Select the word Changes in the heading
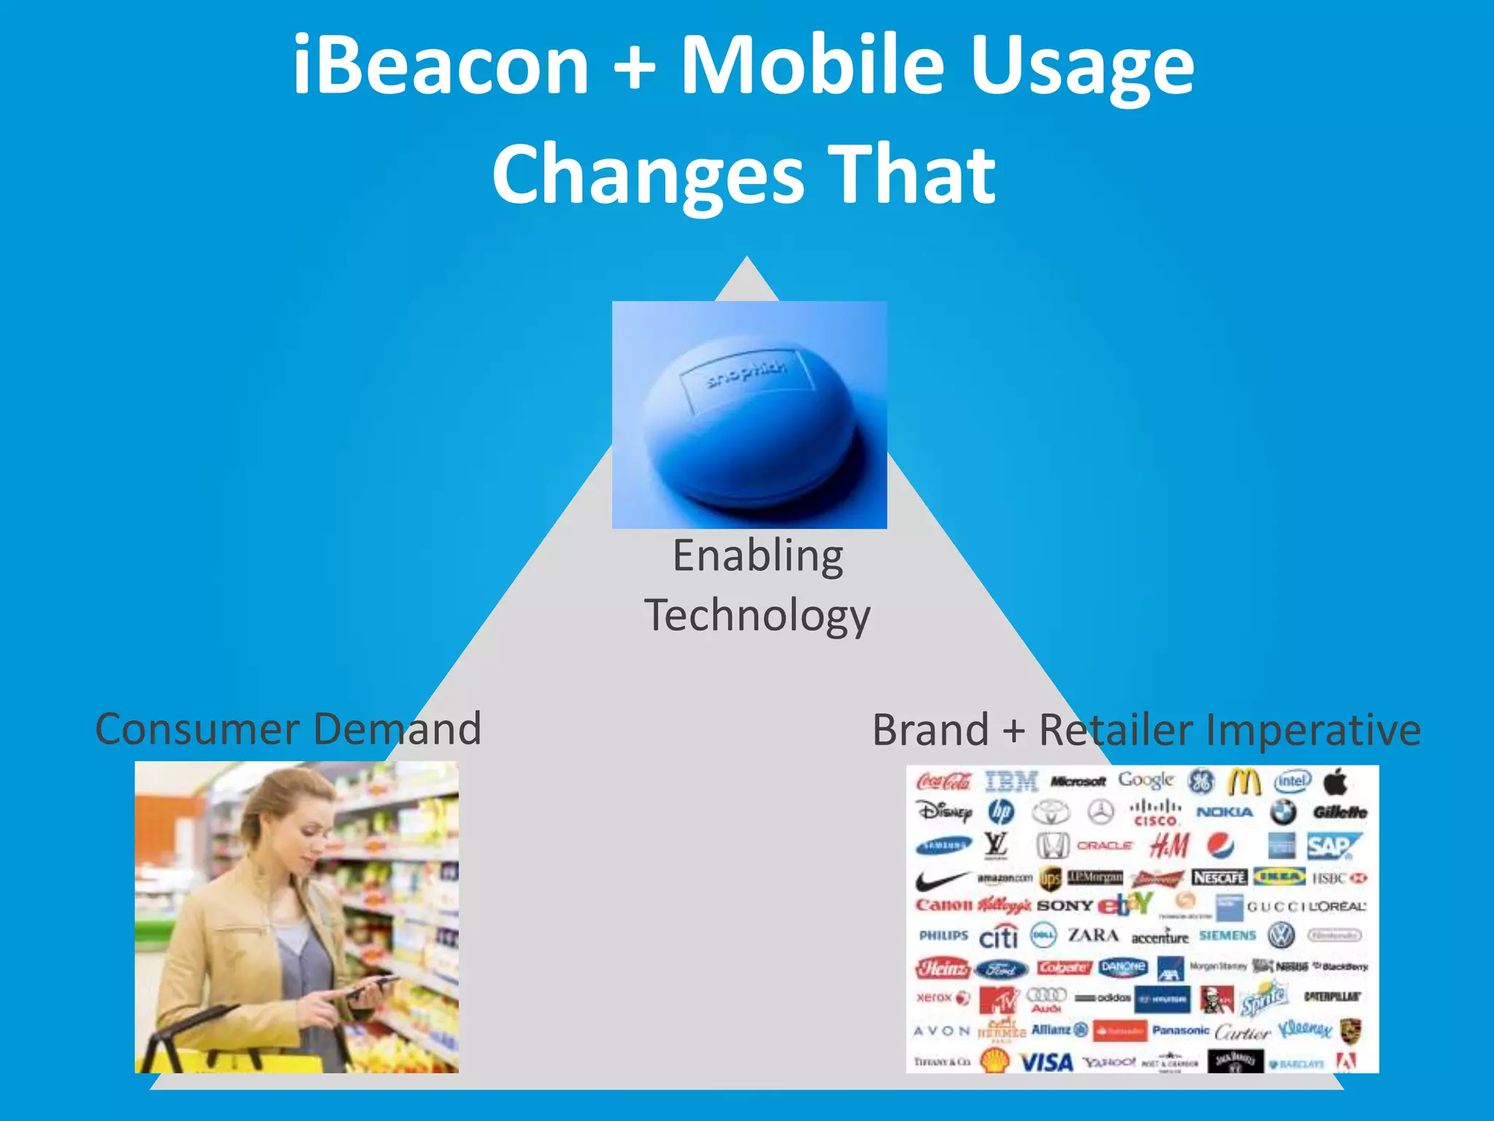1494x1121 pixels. pos(648,175)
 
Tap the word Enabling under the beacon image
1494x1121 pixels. pos(758,557)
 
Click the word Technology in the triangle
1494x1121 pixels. pos(757,615)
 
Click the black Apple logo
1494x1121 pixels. pos(1336,782)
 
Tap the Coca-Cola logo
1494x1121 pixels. pos(943,782)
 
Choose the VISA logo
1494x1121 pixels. pos(1046,1062)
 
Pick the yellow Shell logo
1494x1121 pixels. pos(995,1060)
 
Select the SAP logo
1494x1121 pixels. pos(1333,847)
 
